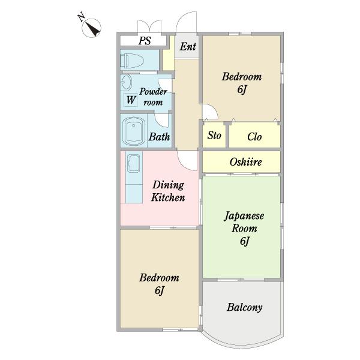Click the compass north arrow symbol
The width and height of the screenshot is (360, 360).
(x=91, y=28)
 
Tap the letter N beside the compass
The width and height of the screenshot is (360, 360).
(x=81, y=17)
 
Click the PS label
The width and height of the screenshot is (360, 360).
(x=145, y=41)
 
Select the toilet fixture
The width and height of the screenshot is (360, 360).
(x=132, y=61)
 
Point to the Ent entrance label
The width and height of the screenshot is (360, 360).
(x=188, y=47)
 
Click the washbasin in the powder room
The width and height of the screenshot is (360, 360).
(x=126, y=82)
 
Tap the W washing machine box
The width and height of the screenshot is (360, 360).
(x=130, y=100)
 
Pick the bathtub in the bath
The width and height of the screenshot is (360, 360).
(x=133, y=131)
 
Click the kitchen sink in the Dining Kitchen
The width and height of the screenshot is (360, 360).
(x=134, y=163)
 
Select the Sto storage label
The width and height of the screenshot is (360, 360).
(x=214, y=135)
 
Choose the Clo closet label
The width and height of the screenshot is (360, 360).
(x=254, y=137)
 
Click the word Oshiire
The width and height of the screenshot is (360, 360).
(x=245, y=162)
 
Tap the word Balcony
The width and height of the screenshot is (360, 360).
(x=245, y=307)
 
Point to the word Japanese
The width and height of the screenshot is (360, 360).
(x=244, y=216)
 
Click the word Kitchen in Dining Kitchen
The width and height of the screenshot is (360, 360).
(x=168, y=197)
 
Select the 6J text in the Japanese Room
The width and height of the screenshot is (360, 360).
(x=245, y=241)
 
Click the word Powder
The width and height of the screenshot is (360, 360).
(x=153, y=92)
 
